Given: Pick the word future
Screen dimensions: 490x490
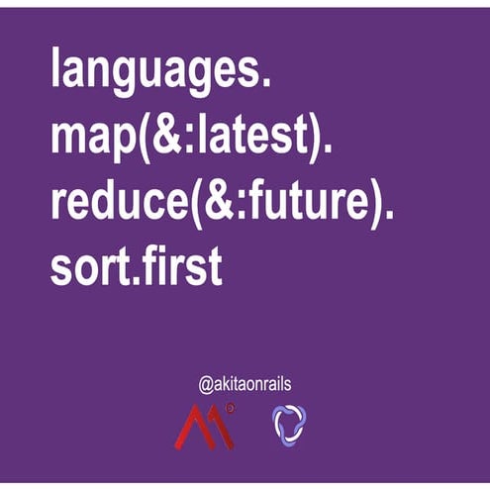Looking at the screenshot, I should (295, 203).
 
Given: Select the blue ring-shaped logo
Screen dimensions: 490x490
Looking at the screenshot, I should (289, 423).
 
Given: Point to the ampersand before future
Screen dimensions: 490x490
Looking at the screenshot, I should (207, 203).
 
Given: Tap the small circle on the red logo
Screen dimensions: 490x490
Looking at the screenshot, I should (230, 406).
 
